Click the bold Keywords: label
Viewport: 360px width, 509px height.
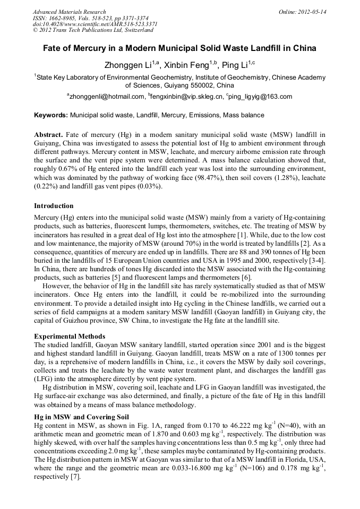click(x=51, y=115)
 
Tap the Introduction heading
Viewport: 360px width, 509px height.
click(x=54, y=205)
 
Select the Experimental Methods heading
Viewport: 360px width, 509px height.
click(x=70, y=337)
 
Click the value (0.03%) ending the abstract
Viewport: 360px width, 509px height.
click(x=152, y=187)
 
